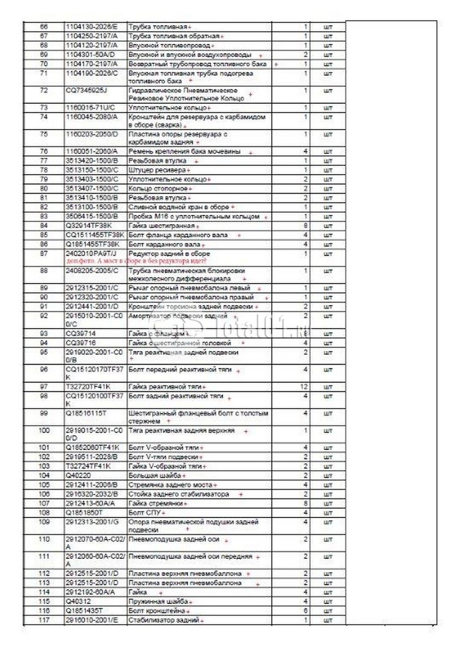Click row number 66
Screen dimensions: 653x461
(x=44, y=26)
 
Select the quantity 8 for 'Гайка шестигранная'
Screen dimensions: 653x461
(x=306, y=225)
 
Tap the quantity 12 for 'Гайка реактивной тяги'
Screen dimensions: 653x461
(x=305, y=386)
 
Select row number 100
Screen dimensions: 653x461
(x=44, y=430)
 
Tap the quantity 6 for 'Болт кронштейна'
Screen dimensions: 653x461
(x=306, y=611)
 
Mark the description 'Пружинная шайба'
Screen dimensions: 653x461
(x=158, y=601)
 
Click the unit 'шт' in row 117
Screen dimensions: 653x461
(x=328, y=620)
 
